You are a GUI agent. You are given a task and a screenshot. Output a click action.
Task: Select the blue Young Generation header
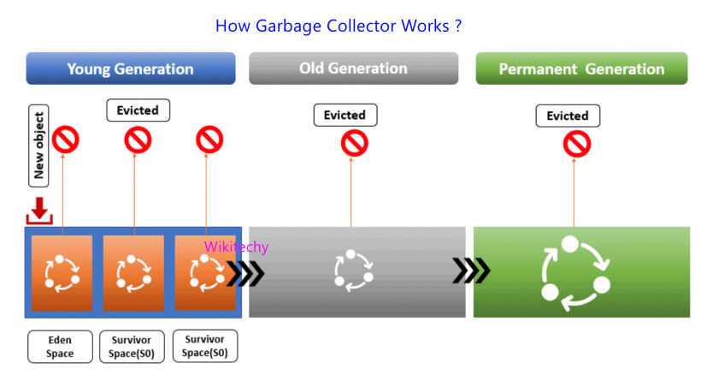[x=130, y=68]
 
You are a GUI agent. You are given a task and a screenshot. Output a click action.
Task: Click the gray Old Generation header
[x=355, y=68]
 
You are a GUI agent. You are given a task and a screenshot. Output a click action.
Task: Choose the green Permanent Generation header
[x=581, y=68]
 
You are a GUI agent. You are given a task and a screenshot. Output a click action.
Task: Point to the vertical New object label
[x=39, y=146]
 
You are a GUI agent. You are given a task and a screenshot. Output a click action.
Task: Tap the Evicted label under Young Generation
[x=138, y=110]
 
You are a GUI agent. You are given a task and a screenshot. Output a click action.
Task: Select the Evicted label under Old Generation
[x=345, y=115]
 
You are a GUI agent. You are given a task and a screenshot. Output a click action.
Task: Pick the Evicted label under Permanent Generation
[x=568, y=116]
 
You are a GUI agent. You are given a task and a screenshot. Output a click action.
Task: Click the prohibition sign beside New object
[x=66, y=139]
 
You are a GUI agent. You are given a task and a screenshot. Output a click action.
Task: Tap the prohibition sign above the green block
[x=577, y=144]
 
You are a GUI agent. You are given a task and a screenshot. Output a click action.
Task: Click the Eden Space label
[x=60, y=347]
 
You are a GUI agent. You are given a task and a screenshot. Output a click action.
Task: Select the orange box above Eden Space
[x=62, y=272]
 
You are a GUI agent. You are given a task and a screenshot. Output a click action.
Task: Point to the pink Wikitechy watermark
[x=236, y=247]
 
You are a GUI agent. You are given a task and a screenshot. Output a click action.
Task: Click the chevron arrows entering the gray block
[x=245, y=273]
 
